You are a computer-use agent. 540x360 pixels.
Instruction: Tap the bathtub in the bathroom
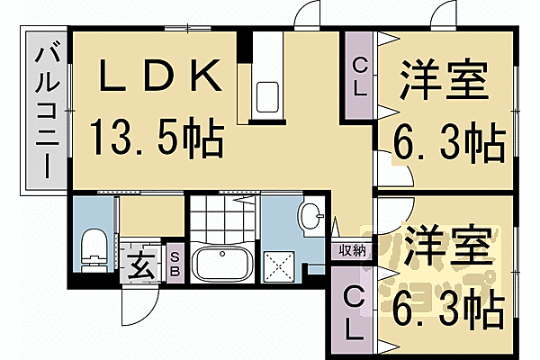tap(220, 263)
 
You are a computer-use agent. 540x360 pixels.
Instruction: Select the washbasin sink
tap(310, 217)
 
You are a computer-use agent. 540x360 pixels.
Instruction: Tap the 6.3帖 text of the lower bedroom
tap(447, 311)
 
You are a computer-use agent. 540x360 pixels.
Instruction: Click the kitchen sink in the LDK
tap(269, 94)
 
